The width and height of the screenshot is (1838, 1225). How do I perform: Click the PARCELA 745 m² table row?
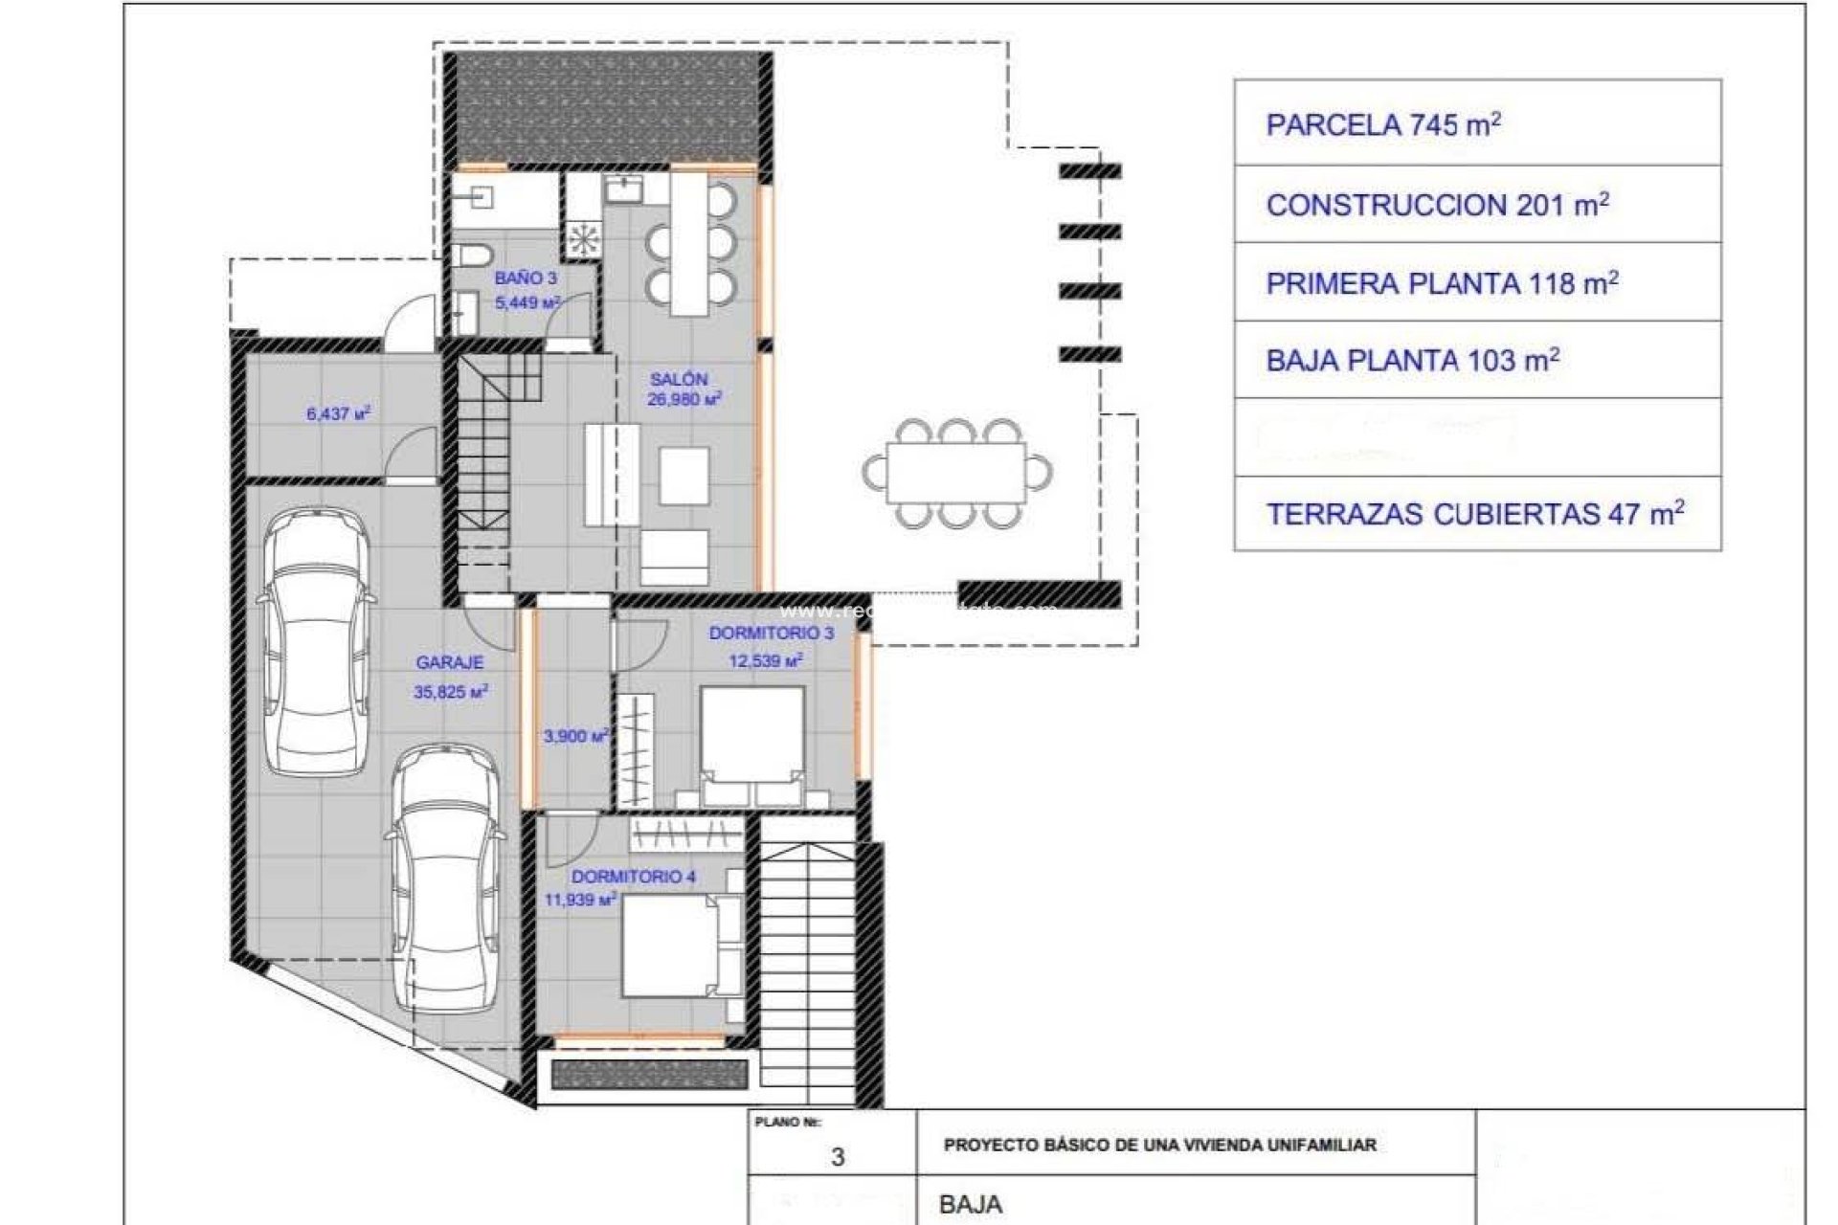pos(1477,124)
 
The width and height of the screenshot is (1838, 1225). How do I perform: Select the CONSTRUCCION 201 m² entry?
pos(1477,205)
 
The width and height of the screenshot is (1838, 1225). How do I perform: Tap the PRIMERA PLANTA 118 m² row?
pos(1477,283)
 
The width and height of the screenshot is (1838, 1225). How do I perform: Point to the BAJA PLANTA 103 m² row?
pos(1477,361)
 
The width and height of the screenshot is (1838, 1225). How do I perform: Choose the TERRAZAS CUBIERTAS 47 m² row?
pos(1477,514)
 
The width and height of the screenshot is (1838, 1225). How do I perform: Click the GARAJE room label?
pos(450,662)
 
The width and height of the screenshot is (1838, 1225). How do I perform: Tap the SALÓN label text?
pos(679,380)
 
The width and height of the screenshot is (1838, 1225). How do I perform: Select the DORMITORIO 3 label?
pos(771,634)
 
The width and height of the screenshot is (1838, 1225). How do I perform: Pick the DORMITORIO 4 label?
pos(634,877)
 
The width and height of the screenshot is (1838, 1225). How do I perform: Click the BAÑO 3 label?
pos(526,278)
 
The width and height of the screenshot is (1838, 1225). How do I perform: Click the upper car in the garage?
pos(317,641)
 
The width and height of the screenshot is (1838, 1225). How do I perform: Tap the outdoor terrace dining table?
pos(955,474)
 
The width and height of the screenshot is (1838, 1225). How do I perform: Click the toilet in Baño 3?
pos(471,255)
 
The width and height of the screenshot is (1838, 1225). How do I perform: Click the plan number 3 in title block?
pos(838,1157)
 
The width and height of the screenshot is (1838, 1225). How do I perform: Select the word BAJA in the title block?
pos(971,1204)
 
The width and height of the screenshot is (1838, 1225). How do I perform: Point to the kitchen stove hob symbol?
pos(582,238)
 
